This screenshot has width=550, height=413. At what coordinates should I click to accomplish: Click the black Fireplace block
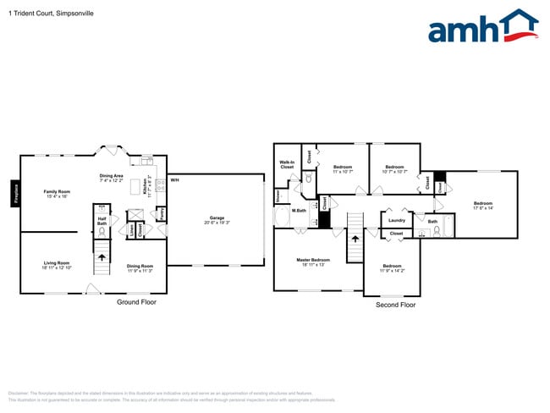15,193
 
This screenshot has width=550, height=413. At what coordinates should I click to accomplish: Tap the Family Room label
57,192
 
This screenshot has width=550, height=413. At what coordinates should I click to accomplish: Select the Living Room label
57,263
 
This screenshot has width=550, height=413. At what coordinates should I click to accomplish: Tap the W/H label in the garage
174,180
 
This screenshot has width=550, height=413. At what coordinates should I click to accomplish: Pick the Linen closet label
131,229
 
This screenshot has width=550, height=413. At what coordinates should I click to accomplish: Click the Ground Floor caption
136,301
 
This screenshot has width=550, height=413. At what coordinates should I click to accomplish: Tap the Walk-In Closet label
287,166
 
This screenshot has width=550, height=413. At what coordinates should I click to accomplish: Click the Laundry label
396,221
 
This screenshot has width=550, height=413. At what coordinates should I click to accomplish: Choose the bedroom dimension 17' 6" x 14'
482,208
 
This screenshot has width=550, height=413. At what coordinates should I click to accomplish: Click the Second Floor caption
395,304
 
